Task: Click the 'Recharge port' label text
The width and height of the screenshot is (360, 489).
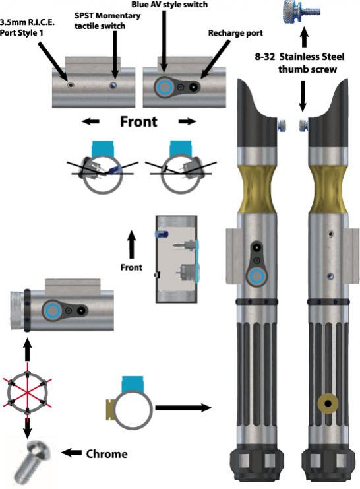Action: click(235, 33)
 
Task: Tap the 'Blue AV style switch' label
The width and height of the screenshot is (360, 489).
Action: click(169, 5)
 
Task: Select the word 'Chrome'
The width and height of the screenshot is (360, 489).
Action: click(107, 454)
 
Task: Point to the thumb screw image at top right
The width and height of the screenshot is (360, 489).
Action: click(301, 12)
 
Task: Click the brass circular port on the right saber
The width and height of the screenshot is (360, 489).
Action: click(328, 404)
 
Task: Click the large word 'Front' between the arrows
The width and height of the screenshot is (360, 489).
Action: click(138, 121)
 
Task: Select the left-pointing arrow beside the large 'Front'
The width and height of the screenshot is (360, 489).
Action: click(90, 121)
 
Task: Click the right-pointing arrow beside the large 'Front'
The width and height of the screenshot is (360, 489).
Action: click(188, 121)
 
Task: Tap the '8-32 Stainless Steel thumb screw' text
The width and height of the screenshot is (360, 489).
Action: click(300, 63)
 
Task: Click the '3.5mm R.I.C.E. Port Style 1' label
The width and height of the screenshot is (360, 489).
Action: click(27, 27)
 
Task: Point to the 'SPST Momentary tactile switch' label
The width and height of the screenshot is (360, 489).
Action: click(107, 20)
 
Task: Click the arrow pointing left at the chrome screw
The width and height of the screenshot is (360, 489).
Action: click(71, 453)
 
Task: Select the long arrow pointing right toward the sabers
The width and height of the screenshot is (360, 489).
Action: click(183, 407)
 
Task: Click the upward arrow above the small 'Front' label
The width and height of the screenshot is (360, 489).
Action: click(132, 244)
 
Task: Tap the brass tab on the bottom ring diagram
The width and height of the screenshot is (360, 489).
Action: click(111, 409)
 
